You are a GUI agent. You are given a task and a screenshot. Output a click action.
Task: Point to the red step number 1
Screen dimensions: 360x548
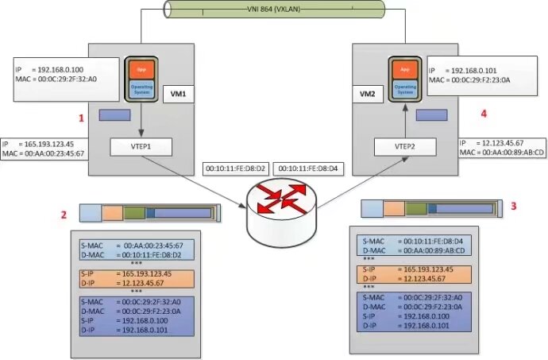click(80, 118)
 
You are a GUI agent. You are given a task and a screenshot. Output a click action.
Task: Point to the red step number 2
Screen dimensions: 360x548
click(63, 215)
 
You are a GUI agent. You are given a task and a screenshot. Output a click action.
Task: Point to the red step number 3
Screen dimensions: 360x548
click(512, 206)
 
